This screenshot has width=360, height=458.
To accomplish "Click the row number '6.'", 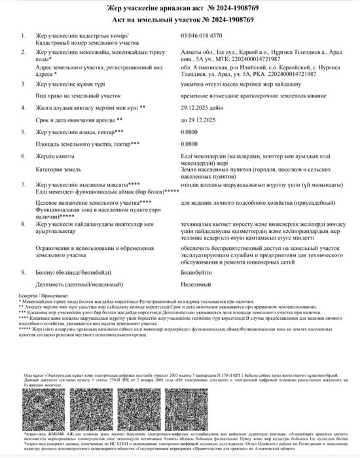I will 24,156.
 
